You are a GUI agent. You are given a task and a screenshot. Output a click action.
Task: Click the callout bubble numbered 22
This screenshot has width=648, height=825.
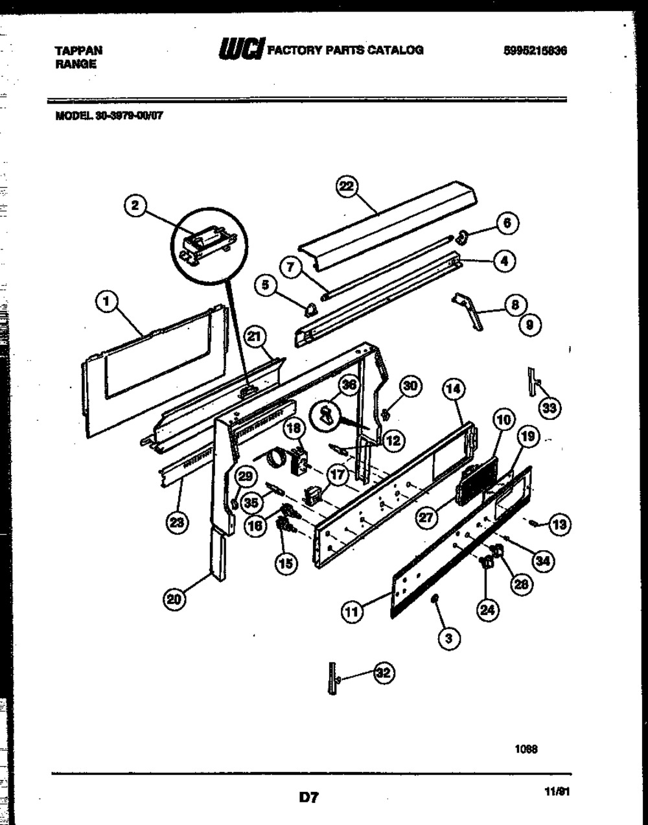pyautogui.click(x=347, y=186)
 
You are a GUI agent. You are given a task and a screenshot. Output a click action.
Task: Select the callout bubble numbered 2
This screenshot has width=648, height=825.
pyautogui.click(x=134, y=206)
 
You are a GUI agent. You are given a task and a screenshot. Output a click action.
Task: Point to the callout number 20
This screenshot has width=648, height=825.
pyautogui.click(x=173, y=599)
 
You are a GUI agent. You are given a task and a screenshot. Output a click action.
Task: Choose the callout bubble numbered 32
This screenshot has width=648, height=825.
pyautogui.click(x=384, y=673)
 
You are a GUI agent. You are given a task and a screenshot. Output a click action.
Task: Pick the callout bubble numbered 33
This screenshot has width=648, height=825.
pyautogui.click(x=550, y=407)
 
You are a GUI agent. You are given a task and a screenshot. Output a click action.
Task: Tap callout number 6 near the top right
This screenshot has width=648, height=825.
pyautogui.click(x=507, y=223)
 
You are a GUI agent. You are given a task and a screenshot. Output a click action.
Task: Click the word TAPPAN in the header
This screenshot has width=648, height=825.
pyautogui.click(x=77, y=50)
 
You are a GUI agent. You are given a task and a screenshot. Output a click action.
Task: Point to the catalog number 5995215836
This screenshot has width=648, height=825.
pyautogui.click(x=535, y=50)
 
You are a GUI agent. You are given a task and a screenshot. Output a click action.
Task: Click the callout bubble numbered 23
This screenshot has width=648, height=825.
pyautogui.click(x=174, y=524)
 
